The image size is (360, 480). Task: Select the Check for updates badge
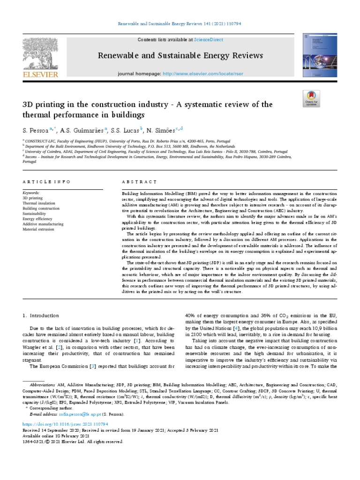click(311, 99)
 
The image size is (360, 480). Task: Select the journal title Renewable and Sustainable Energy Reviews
click(180, 56)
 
